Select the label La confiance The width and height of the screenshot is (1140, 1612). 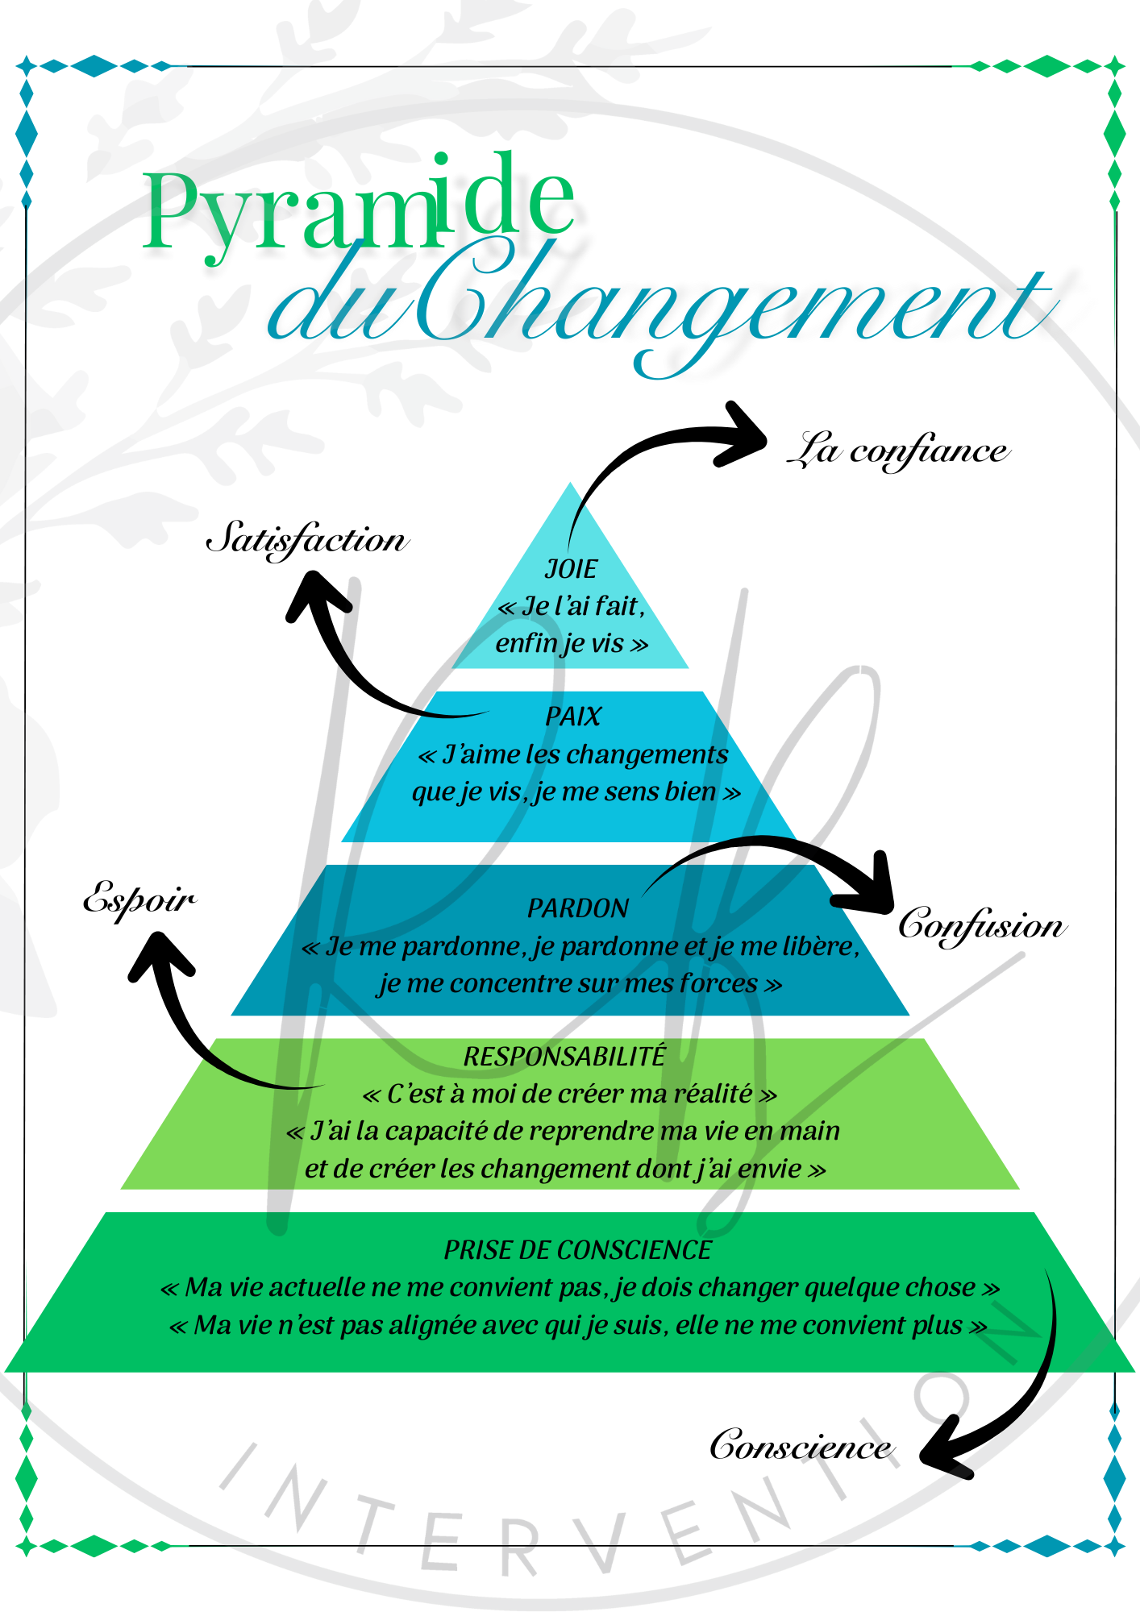click(x=897, y=450)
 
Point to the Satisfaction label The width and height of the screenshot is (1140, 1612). click(x=306, y=538)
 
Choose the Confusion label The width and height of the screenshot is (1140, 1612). click(x=981, y=924)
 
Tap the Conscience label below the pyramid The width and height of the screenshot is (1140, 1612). click(x=801, y=1445)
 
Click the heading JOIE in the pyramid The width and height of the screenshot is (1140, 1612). click(x=571, y=569)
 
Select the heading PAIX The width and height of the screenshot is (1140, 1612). click(x=573, y=717)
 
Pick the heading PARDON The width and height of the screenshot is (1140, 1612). click(x=577, y=908)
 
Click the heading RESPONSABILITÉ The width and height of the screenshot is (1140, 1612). click(x=564, y=1056)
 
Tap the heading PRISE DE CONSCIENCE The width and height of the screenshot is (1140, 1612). click(x=577, y=1250)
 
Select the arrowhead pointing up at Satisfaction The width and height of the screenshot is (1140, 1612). click(x=314, y=592)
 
